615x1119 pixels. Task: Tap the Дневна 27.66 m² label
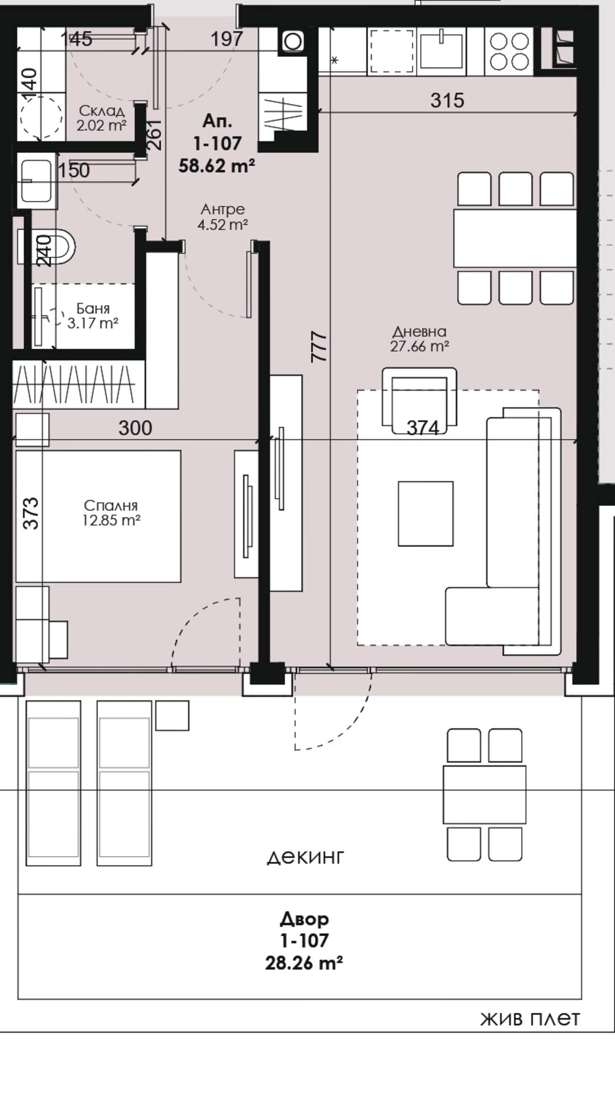(x=419, y=339)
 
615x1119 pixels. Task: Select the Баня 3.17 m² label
(x=93, y=316)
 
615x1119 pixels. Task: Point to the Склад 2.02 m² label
(x=102, y=118)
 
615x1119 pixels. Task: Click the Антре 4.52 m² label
(x=223, y=217)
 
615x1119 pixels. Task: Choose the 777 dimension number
(x=319, y=347)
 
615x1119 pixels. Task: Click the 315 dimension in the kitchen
(x=447, y=100)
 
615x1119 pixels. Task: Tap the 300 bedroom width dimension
(x=135, y=428)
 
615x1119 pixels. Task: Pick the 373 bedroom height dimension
(x=31, y=514)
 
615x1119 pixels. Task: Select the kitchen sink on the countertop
(x=441, y=50)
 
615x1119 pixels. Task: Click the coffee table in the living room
(x=426, y=514)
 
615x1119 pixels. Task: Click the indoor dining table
(x=515, y=238)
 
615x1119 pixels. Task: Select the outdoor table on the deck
(x=484, y=794)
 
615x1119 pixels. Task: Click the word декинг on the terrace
(x=305, y=857)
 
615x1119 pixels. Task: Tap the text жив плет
(x=530, y=1018)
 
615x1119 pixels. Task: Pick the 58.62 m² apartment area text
(x=216, y=166)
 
